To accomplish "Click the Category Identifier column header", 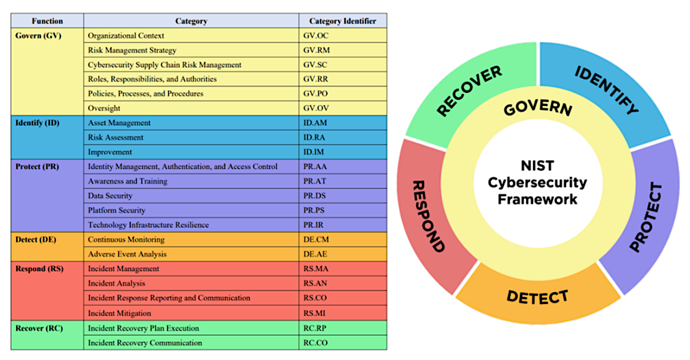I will pos(343,21).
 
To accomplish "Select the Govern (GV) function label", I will pos(38,36).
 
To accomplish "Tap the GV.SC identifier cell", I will pos(316,65).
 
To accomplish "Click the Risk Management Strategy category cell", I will pos(132,50).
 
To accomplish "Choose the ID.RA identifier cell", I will pos(315,138).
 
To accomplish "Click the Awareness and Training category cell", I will pos(128,181).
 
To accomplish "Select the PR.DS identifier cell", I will pos(314,196).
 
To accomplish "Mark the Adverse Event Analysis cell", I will pos(127,254).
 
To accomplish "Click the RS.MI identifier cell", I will pos(315,313).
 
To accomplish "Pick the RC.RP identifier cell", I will pos(315,328).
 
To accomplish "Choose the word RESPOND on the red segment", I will pos(429,216).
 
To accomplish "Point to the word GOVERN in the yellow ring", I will pos(537,107).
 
